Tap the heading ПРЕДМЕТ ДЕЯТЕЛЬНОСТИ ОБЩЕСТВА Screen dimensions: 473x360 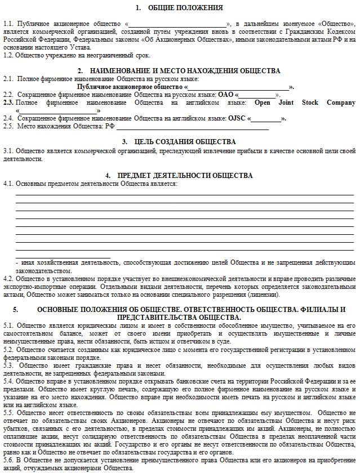coord(185,176)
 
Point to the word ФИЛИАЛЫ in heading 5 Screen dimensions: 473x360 coord(327,310)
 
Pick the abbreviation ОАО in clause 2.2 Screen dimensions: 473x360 coord(225,95)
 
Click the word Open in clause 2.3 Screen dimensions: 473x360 coord(263,103)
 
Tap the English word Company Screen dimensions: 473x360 coord(340,103)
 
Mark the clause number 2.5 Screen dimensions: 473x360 coord(8,126)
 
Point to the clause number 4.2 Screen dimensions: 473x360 coord(8,279)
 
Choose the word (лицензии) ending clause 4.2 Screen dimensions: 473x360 coord(262,294)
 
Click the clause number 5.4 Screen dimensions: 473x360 coord(8,381)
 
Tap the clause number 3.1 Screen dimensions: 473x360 coord(8,151)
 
